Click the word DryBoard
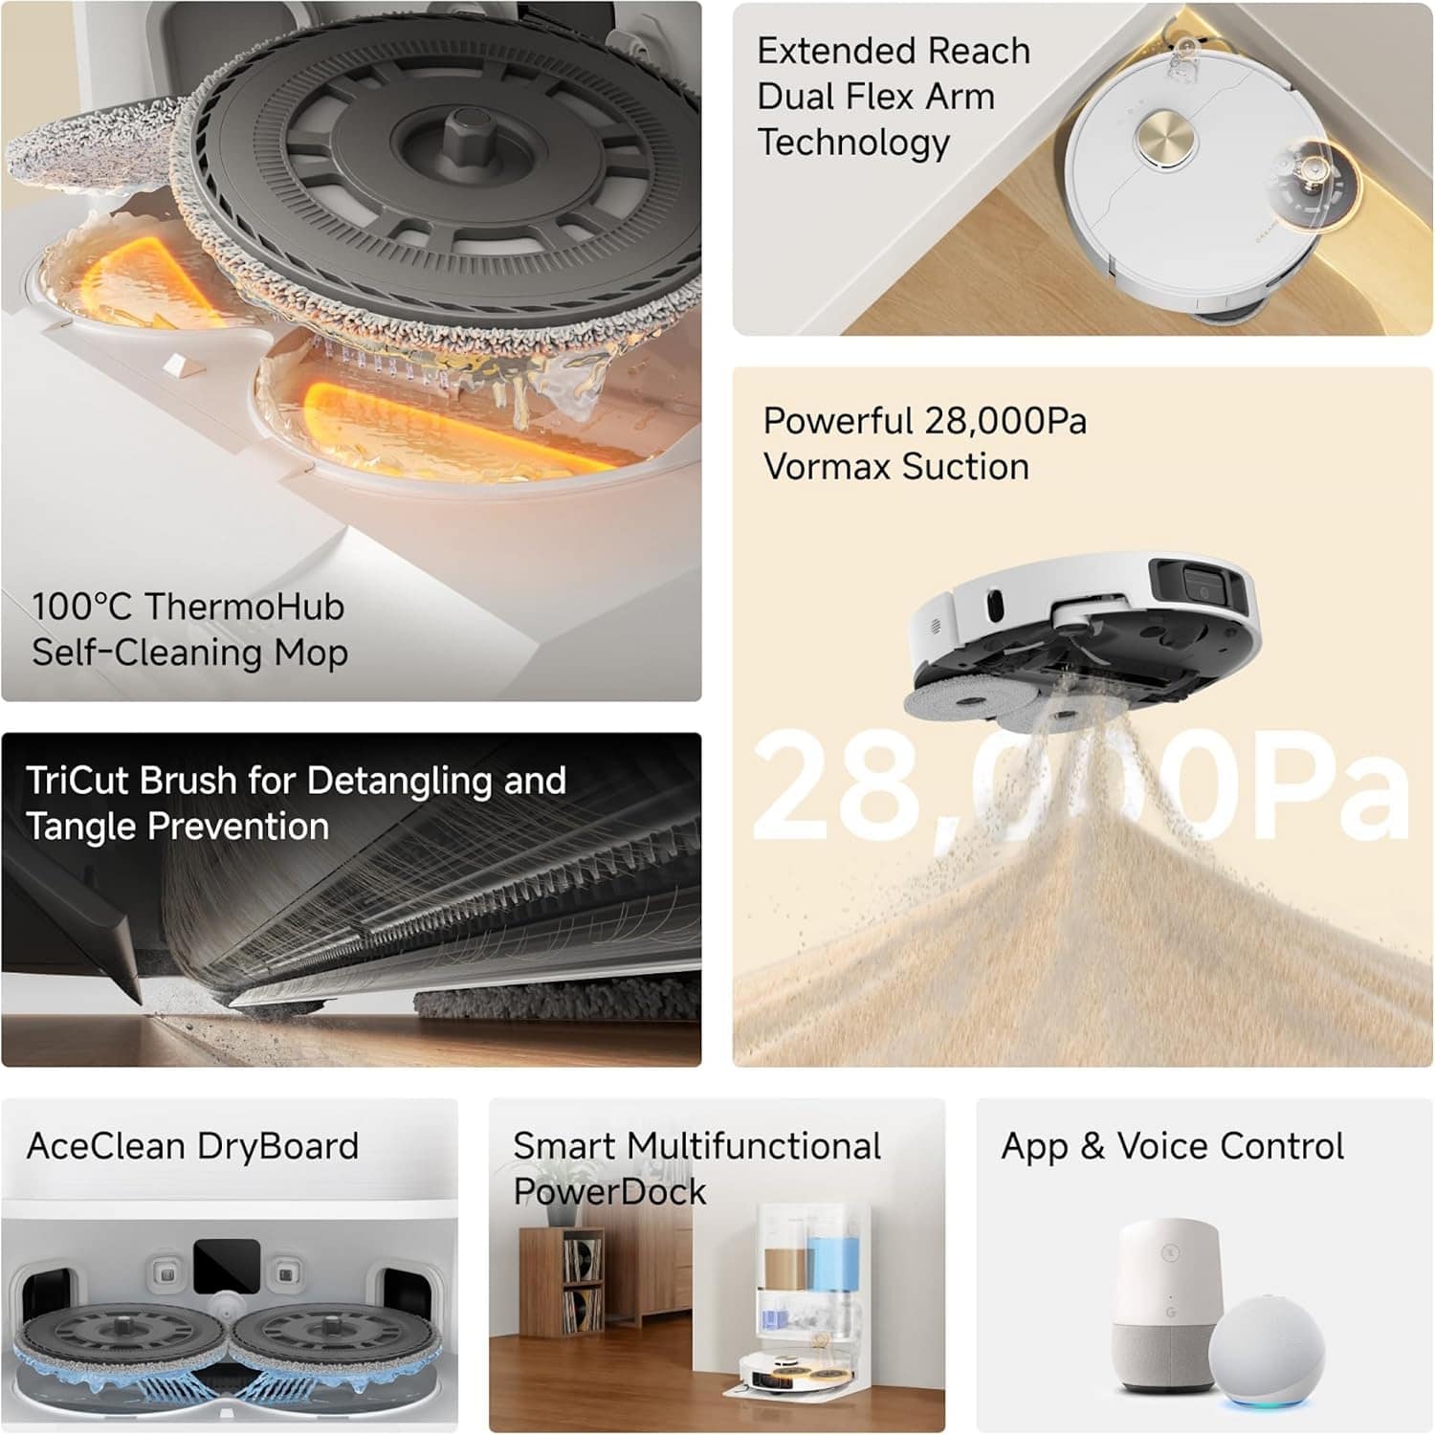point(277,1146)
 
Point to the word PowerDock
point(609,1192)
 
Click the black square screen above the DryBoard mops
point(227,1265)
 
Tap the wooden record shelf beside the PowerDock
point(563,1282)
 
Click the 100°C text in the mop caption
point(83,607)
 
